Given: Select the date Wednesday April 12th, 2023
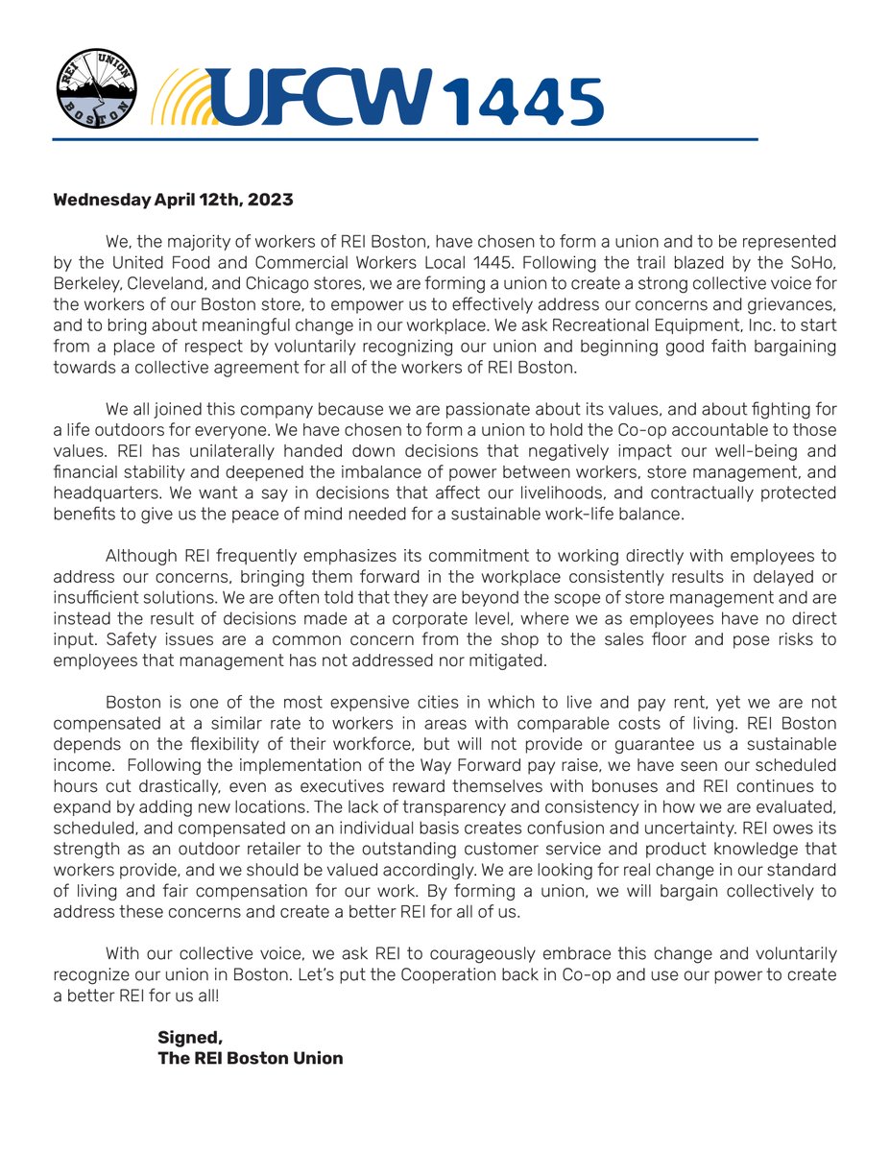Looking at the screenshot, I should coord(173,201).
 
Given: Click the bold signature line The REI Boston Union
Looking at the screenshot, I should coord(250,1059).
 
